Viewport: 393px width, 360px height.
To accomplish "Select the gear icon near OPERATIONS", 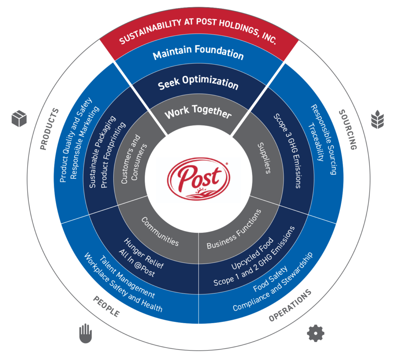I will click(x=315, y=333).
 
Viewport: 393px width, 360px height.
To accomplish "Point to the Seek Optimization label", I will click(x=198, y=83).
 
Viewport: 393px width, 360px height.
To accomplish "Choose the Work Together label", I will click(x=198, y=113).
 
